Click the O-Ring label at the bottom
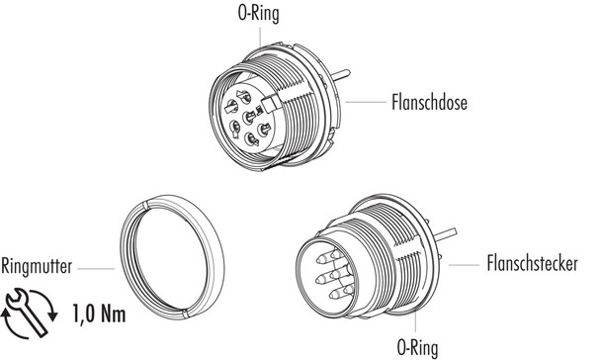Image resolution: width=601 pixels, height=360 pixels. (418, 347)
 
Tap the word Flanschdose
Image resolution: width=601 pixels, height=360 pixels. (431, 101)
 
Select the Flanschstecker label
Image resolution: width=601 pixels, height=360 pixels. (535, 264)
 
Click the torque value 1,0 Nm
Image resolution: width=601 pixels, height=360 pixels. (100, 316)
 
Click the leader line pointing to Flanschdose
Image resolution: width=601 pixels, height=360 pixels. (366, 101)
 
